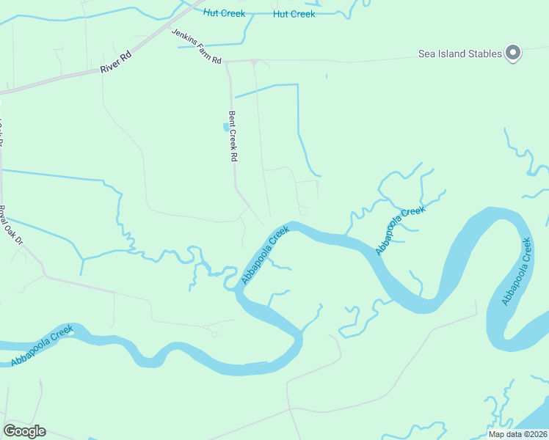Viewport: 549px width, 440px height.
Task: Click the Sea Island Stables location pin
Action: pos(513,53)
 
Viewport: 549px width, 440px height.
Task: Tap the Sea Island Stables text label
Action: pos(459,54)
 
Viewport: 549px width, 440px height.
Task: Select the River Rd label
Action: pos(115,62)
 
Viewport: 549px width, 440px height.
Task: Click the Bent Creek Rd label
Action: pos(233,136)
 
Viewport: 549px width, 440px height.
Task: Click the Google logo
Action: pos(24,431)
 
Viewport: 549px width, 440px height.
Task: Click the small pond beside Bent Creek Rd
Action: pos(225,127)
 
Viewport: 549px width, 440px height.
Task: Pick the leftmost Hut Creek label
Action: pos(224,13)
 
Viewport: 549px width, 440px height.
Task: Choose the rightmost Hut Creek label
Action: pos(294,14)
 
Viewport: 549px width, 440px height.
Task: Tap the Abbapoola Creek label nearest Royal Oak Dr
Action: pos(43,345)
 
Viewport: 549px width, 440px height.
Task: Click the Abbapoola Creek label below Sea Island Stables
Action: pos(517,271)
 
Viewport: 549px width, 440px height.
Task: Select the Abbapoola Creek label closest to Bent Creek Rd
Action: pos(266,255)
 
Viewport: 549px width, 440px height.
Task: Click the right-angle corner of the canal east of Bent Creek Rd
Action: pos(297,85)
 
